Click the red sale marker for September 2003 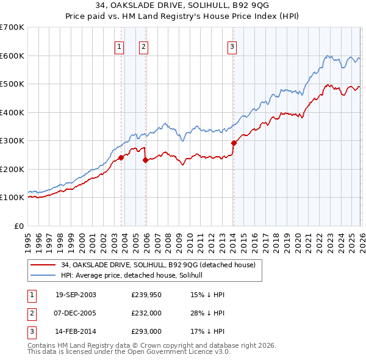121,157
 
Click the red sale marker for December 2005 145,160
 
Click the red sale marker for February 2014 234,143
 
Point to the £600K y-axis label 12,56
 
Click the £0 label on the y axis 18,226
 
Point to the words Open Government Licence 183,351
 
